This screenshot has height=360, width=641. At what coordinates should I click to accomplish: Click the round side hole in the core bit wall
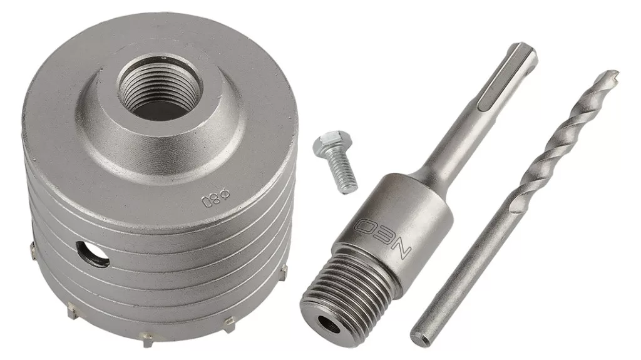pos(93,254)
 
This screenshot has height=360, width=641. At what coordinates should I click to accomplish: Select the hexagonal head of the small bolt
pos(327,143)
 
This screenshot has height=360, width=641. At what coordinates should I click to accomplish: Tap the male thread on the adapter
pos(349,286)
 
